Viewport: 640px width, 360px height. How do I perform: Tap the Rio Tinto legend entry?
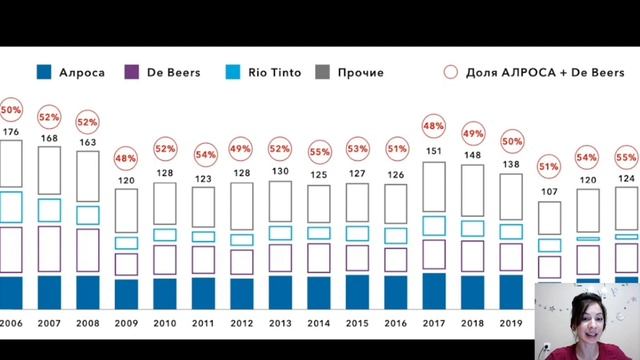click(x=258, y=72)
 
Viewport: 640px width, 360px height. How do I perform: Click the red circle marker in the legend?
click(x=450, y=72)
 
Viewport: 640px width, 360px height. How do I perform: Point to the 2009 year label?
click(x=127, y=324)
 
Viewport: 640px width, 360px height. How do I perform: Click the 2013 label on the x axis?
click(x=280, y=324)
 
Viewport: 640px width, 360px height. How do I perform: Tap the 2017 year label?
click(x=434, y=324)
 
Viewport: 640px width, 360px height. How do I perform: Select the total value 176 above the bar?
click(x=11, y=131)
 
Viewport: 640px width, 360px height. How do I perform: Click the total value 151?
click(x=434, y=151)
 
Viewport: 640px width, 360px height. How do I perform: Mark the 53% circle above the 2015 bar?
click(x=357, y=150)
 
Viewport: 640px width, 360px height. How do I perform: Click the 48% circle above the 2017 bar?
click(x=434, y=127)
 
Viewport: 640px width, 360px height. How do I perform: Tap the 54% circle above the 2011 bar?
click(x=203, y=155)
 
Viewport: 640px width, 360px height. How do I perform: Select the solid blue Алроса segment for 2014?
click(x=319, y=292)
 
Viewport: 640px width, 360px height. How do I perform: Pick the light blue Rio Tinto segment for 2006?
click(x=11, y=206)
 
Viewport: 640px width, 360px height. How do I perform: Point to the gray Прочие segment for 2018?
click(x=472, y=191)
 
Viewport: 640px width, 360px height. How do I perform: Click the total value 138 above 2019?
click(x=510, y=162)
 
